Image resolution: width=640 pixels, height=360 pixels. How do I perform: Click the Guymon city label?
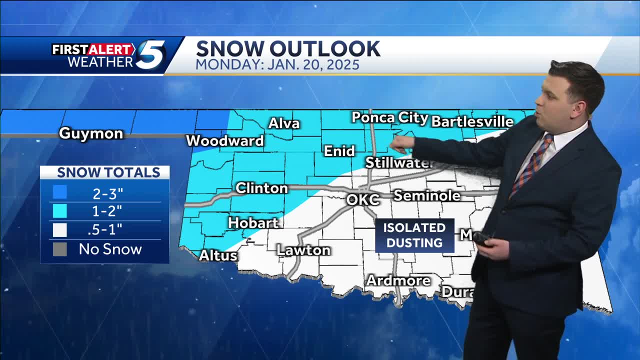(x=91, y=133)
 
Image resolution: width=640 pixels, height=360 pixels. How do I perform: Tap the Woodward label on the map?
(x=225, y=141)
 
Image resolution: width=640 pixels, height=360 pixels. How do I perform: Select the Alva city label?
(x=284, y=123)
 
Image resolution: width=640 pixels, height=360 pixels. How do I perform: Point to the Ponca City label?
(x=390, y=118)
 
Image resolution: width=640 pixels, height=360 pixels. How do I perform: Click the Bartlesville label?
(x=472, y=121)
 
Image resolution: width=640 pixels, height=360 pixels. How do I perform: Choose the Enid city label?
(x=339, y=150)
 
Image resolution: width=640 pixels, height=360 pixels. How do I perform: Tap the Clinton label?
(x=261, y=188)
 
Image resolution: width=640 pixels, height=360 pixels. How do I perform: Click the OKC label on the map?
(x=363, y=199)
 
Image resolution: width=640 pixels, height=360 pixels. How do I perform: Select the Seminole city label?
(x=427, y=195)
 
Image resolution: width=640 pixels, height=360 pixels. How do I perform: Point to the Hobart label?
(x=253, y=222)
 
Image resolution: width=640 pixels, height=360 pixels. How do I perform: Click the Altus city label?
(x=218, y=255)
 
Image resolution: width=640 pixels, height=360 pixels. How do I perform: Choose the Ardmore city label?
(x=398, y=280)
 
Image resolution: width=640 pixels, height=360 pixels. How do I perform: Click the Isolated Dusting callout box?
(x=414, y=235)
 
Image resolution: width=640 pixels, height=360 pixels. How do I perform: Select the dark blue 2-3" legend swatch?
(x=59, y=192)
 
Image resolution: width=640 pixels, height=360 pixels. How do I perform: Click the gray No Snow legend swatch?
(x=59, y=249)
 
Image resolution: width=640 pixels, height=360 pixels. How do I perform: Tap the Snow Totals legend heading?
(x=108, y=172)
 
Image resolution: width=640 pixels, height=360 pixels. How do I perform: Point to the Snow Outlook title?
(x=288, y=49)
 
